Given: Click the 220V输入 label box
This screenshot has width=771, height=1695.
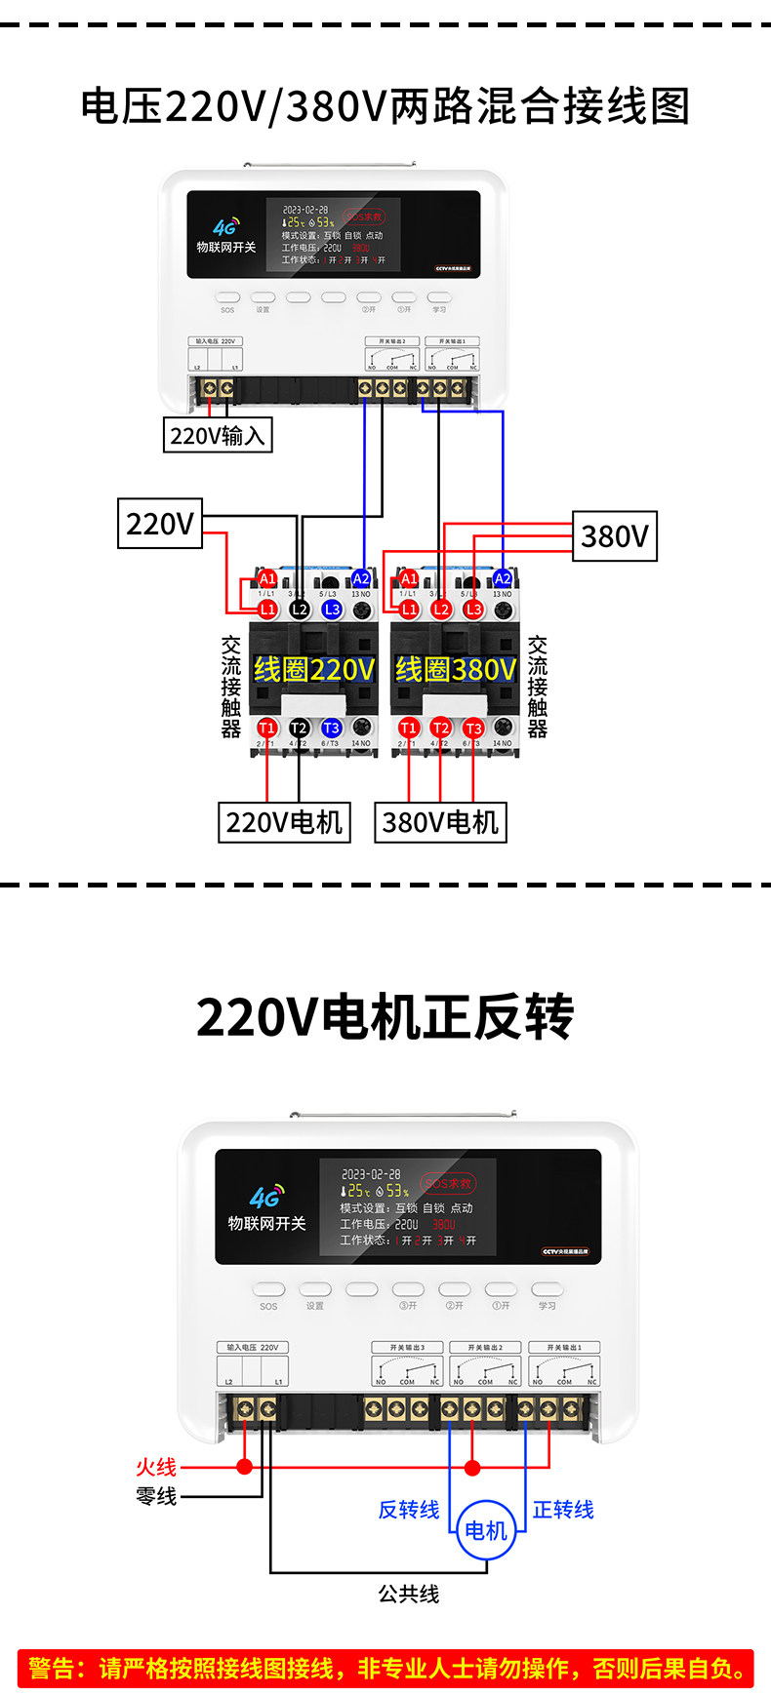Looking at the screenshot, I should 217,435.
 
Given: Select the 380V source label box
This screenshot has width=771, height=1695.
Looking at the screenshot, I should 614,536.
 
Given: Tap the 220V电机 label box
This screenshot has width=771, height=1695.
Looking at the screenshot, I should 284,822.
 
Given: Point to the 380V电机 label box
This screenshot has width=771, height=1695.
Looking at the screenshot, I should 440,822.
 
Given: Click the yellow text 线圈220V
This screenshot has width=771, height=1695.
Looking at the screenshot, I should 313,669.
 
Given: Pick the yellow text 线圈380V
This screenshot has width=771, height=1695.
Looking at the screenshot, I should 455,669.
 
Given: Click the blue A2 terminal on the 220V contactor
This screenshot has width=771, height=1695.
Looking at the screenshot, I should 361,579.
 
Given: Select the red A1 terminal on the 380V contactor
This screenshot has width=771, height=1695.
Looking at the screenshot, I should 409,579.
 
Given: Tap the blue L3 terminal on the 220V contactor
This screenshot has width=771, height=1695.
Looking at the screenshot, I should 332,610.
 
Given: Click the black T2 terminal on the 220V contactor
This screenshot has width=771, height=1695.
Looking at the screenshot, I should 299,728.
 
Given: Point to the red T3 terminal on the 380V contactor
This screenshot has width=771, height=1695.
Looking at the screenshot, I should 473,728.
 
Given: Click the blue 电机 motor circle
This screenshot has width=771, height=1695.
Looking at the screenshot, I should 486,1529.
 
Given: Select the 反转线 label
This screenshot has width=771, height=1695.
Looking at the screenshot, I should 409,1510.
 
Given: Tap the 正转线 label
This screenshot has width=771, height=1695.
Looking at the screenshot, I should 563,1510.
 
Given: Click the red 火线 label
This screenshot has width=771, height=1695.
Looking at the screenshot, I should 156,1467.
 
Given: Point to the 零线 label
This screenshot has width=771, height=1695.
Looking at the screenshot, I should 156,1496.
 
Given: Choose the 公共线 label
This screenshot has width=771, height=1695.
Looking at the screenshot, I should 409,1594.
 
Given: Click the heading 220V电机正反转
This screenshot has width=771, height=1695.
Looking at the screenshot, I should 385,1017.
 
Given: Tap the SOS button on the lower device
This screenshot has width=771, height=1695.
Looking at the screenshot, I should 268,1289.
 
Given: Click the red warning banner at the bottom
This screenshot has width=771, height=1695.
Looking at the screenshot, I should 385,1668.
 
